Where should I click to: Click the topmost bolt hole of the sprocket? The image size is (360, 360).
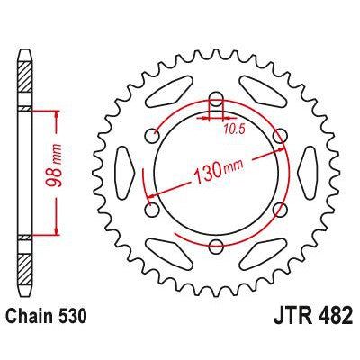tap(215, 99)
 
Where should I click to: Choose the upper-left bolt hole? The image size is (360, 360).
tap(151, 136)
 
